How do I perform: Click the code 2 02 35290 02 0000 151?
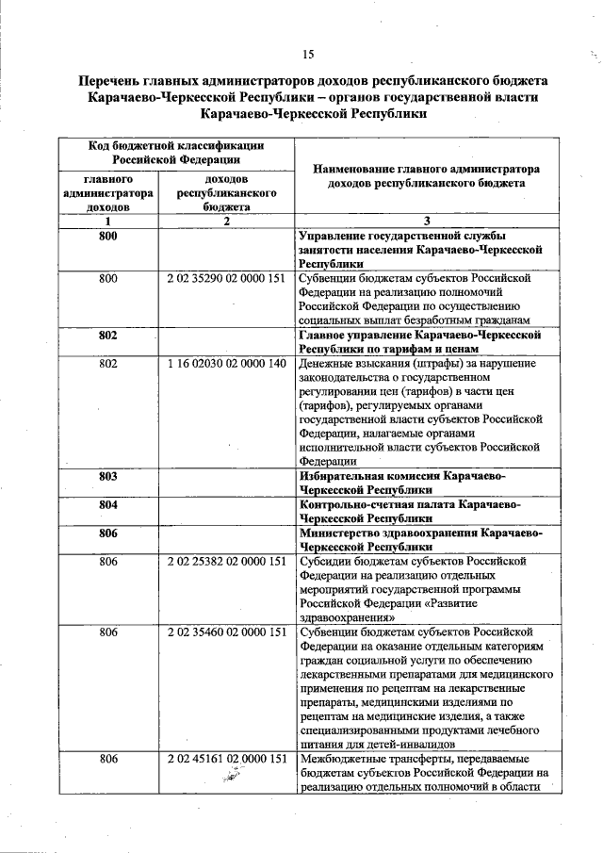coord(225,279)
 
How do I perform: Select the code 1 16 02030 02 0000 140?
coord(225,363)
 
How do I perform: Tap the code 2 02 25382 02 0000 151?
coord(225,562)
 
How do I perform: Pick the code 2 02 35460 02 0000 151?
coord(225,632)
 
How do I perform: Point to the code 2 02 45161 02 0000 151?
coord(225,759)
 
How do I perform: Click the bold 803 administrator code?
coord(107,477)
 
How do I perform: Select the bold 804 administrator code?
coord(107,505)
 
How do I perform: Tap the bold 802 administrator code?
coord(107,335)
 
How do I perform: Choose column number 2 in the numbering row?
coord(225,221)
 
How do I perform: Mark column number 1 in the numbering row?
coord(107,221)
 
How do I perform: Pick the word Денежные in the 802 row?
coord(326,363)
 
